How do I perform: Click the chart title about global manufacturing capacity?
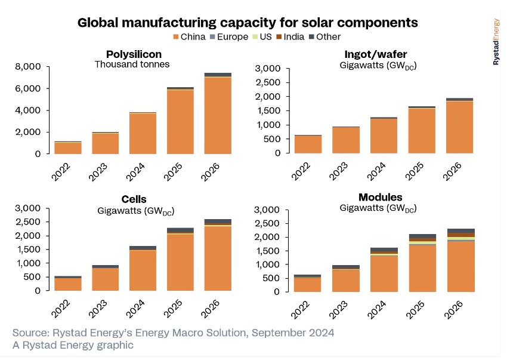point(248,23)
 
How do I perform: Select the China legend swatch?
point(177,37)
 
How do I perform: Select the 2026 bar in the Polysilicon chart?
point(218,113)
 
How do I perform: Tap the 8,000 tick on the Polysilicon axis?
point(28,67)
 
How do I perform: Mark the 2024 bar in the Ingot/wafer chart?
point(384,136)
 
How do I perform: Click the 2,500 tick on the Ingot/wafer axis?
point(267,83)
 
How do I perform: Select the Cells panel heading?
point(134,199)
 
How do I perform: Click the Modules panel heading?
point(380,198)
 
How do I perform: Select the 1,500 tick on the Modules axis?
point(267,251)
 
